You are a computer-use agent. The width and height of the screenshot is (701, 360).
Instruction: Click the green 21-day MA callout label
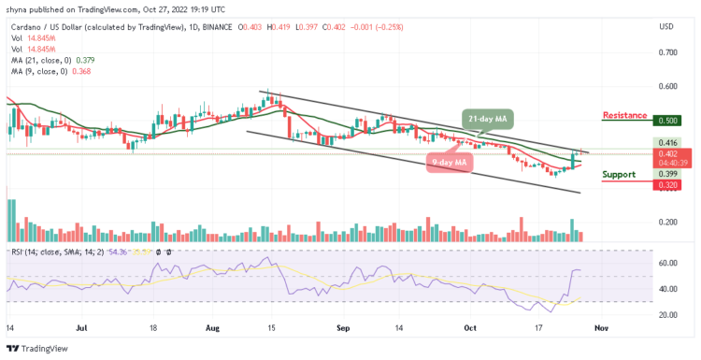point(487,119)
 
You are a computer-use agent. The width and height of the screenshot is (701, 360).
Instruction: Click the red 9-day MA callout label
point(450,162)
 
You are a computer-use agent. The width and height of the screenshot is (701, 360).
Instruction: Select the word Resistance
point(624,116)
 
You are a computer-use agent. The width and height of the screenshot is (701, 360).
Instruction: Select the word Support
point(618,174)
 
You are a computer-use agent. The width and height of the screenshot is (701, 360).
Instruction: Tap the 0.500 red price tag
point(666,121)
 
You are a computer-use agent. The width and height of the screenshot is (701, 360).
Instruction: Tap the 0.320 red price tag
point(666,184)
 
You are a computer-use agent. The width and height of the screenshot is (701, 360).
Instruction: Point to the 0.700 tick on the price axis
point(666,52)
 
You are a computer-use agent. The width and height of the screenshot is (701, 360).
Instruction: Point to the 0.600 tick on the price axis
point(666,86)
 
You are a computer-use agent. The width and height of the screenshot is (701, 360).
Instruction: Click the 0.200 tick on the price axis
point(666,223)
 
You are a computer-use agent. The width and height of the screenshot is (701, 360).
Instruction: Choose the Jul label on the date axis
point(79,329)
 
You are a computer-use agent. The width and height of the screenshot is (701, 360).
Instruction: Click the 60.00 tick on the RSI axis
point(666,264)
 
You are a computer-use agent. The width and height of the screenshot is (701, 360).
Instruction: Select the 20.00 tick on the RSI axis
point(666,315)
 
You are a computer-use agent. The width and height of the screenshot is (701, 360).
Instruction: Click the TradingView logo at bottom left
point(36,348)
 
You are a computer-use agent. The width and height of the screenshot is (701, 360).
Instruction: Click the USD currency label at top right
point(666,25)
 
